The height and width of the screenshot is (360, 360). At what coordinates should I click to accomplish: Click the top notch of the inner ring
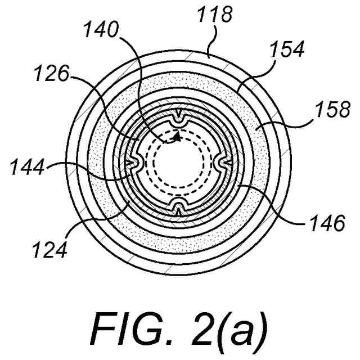[179, 119]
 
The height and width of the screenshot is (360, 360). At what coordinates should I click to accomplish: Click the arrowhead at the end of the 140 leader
[177, 136]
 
